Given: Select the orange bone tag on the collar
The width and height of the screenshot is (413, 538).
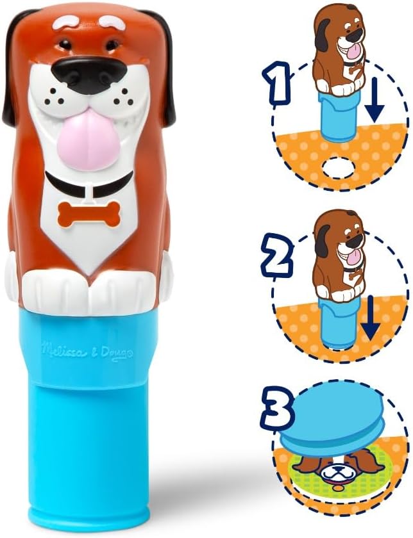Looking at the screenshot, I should coord(88,214).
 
